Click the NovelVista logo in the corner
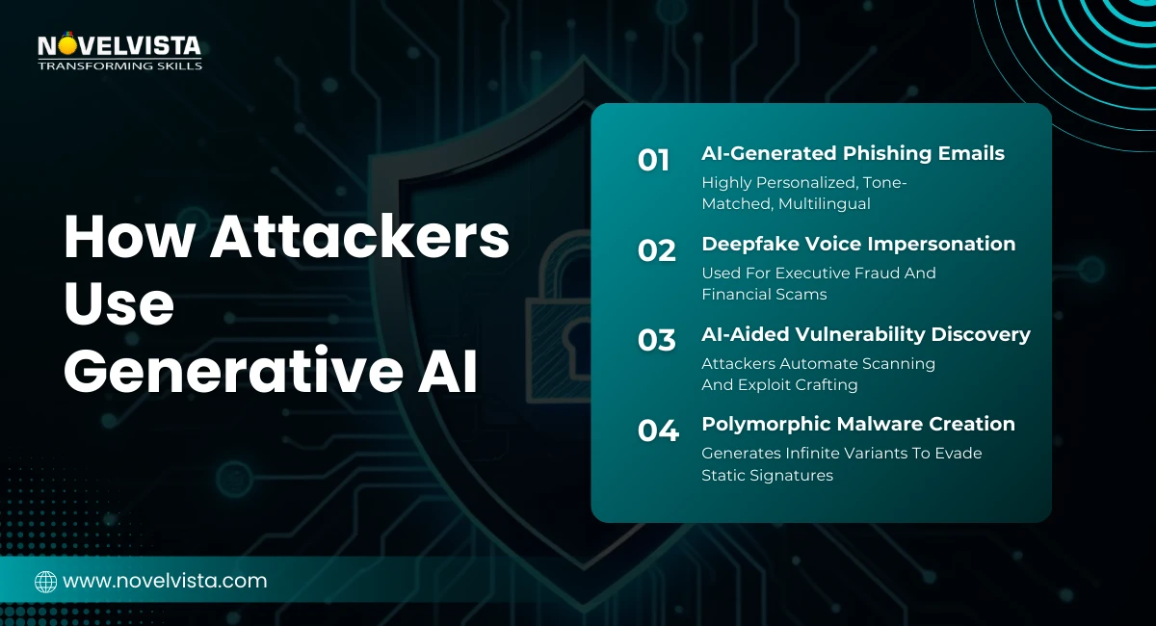click(x=119, y=46)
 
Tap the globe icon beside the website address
click(x=45, y=581)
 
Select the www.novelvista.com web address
click(x=165, y=581)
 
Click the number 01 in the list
click(x=654, y=160)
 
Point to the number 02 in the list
click(x=656, y=250)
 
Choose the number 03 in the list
click(x=656, y=340)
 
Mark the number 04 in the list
click(x=658, y=430)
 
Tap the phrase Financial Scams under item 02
click(x=764, y=294)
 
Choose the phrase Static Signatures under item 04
click(x=767, y=475)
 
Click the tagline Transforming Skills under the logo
click(x=119, y=65)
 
